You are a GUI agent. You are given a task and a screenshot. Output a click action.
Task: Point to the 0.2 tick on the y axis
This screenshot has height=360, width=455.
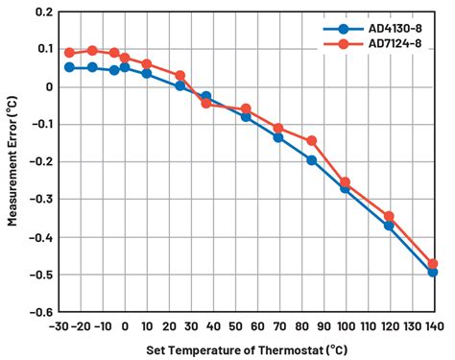[x=41, y=12]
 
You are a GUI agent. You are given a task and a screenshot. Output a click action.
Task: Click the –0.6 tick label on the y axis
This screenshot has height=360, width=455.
[x=38, y=312]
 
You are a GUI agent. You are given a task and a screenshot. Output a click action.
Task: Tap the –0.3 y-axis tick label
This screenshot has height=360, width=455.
[x=38, y=200]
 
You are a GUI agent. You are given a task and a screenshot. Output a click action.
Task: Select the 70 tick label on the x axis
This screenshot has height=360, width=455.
[x=278, y=325]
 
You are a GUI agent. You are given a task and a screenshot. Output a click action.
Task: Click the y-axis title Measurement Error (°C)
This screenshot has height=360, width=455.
[x=13, y=160]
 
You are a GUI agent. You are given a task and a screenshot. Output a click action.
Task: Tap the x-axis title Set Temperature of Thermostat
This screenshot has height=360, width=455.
[x=245, y=349]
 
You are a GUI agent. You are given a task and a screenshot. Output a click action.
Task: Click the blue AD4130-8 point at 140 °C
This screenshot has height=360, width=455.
[x=433, y=272]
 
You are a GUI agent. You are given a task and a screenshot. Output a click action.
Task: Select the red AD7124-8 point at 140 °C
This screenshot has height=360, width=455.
[x=433, y=263]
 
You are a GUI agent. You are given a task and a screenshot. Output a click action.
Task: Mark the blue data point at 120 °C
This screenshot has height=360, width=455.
[x=389, y=226]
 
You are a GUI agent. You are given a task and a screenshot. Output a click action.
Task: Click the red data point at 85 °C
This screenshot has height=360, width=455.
[x=312, y=141]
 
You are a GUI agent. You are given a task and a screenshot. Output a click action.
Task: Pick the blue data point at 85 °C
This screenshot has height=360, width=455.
[x=312, y=160]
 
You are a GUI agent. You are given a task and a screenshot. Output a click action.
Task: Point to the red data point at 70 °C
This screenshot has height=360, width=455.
[x=278, y=128]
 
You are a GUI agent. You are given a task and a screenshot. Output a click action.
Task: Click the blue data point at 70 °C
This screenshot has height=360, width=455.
[x=278, y=137]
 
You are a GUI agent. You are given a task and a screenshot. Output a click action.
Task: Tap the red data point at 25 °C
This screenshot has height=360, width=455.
[x=180, y=75]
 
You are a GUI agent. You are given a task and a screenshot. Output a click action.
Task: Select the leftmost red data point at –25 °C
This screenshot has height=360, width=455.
[x=69, y=53]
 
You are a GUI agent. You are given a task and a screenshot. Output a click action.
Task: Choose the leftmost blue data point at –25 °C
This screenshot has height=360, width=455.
[x=69, y=67]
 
